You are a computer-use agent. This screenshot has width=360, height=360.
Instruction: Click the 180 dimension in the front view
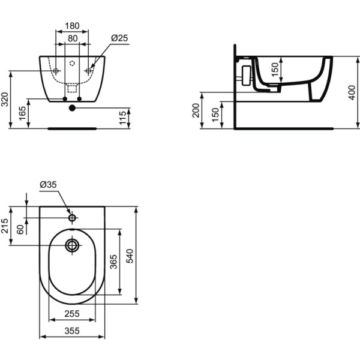tap(72, 25)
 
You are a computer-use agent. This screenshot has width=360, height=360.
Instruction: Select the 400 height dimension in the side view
tap(352, 92)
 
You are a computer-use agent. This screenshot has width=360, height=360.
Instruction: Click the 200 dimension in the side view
tap(196, 110)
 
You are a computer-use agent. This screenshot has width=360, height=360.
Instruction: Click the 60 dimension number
tap(21, 229)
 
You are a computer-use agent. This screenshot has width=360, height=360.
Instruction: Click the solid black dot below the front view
tap(72, 108)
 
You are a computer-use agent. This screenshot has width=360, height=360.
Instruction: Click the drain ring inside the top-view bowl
tap(73, 245)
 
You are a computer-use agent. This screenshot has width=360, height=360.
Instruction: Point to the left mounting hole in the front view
tap(56, 71)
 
